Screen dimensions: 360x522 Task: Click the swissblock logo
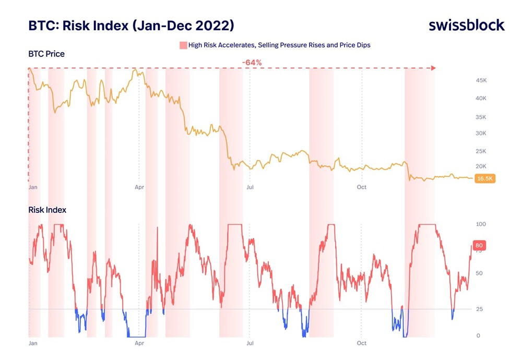(467, 25)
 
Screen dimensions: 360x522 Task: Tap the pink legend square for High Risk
(183, 45)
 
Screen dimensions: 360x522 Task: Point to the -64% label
(252, 63)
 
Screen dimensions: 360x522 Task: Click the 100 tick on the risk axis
(480, 224)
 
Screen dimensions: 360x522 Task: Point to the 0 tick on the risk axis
(477, 335)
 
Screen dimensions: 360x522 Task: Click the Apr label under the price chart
(139, 187)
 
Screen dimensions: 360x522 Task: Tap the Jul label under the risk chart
(250, 343)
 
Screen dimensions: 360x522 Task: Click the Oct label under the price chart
(361, 187)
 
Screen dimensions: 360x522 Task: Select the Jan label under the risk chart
(33, 343)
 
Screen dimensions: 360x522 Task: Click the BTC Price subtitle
(47, 54)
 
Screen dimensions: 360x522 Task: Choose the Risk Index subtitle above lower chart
(48, 210)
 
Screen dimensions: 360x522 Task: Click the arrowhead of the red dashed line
(433, 68)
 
